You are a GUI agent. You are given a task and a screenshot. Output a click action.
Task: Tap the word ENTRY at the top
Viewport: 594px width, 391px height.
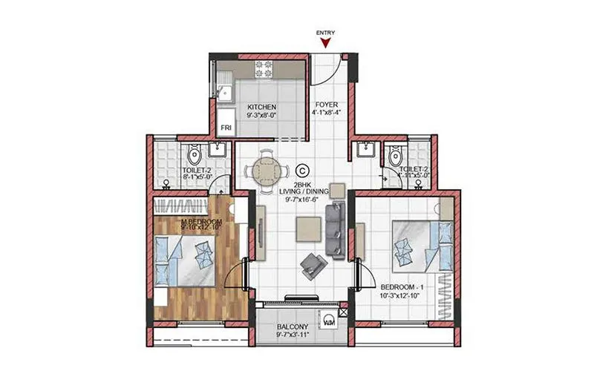tap(324, 33)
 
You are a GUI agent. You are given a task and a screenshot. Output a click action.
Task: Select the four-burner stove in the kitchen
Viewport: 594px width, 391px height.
tap(264, 68)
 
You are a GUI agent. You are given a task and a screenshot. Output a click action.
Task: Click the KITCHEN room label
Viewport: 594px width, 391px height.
tap(262, 107)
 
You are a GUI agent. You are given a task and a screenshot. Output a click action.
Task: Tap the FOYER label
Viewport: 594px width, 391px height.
tap(327, 105)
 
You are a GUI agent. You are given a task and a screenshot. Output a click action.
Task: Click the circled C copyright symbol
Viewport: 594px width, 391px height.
tap(302, 170)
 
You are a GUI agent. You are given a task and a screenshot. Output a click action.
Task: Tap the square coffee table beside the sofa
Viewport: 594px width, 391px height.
tap(307, 230)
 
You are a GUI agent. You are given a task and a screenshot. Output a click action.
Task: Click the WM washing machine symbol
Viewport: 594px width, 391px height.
tap(330, 322)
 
